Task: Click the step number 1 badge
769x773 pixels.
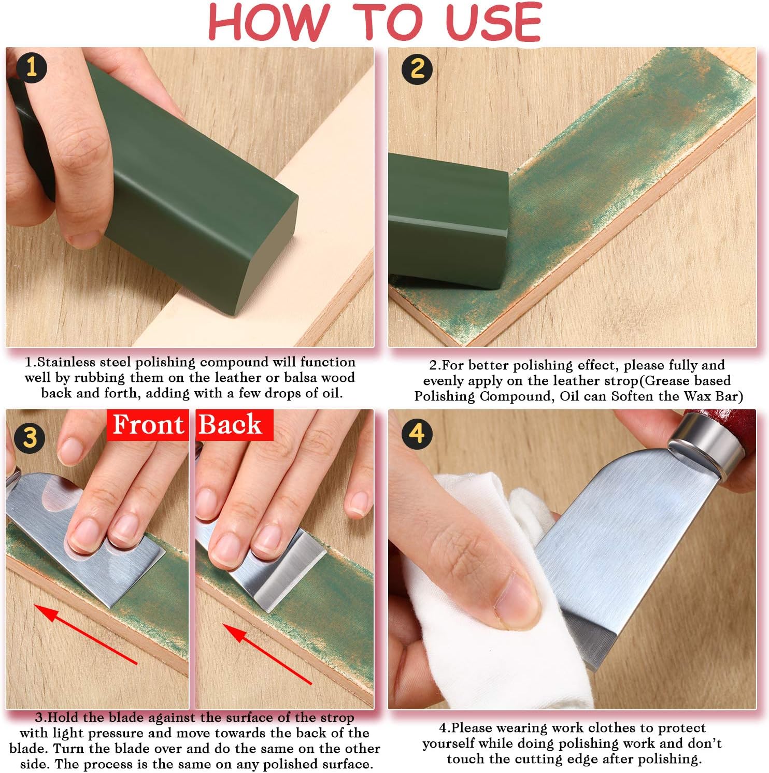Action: tap(31, 68)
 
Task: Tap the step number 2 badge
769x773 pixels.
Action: tap(417, 68)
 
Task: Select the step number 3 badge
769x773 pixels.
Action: tap(30, 438)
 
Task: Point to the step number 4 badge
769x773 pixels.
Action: tap(417, 433)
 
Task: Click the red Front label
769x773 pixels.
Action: tap(148, 425)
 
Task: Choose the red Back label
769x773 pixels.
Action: tap(234, 425)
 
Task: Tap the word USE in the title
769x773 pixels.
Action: tap(493, 22)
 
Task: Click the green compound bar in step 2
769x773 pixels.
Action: tap(448, 220)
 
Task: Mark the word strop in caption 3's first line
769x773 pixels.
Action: tap(336, 719)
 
